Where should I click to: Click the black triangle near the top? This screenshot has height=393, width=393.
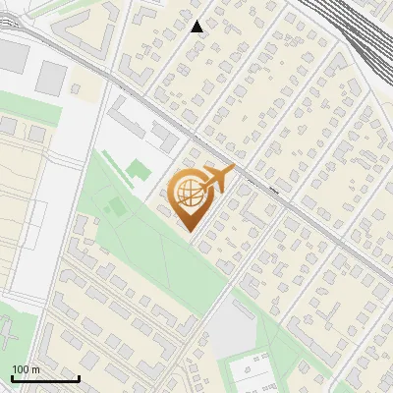pos(197,27)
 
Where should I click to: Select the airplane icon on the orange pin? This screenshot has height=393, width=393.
pos(217,179)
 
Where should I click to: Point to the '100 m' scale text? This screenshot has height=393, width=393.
pos(26,369)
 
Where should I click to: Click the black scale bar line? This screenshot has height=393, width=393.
pos(44,378)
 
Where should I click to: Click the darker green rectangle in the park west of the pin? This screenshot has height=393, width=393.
pos(116,207)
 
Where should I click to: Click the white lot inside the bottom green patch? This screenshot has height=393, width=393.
pos(252,372)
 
